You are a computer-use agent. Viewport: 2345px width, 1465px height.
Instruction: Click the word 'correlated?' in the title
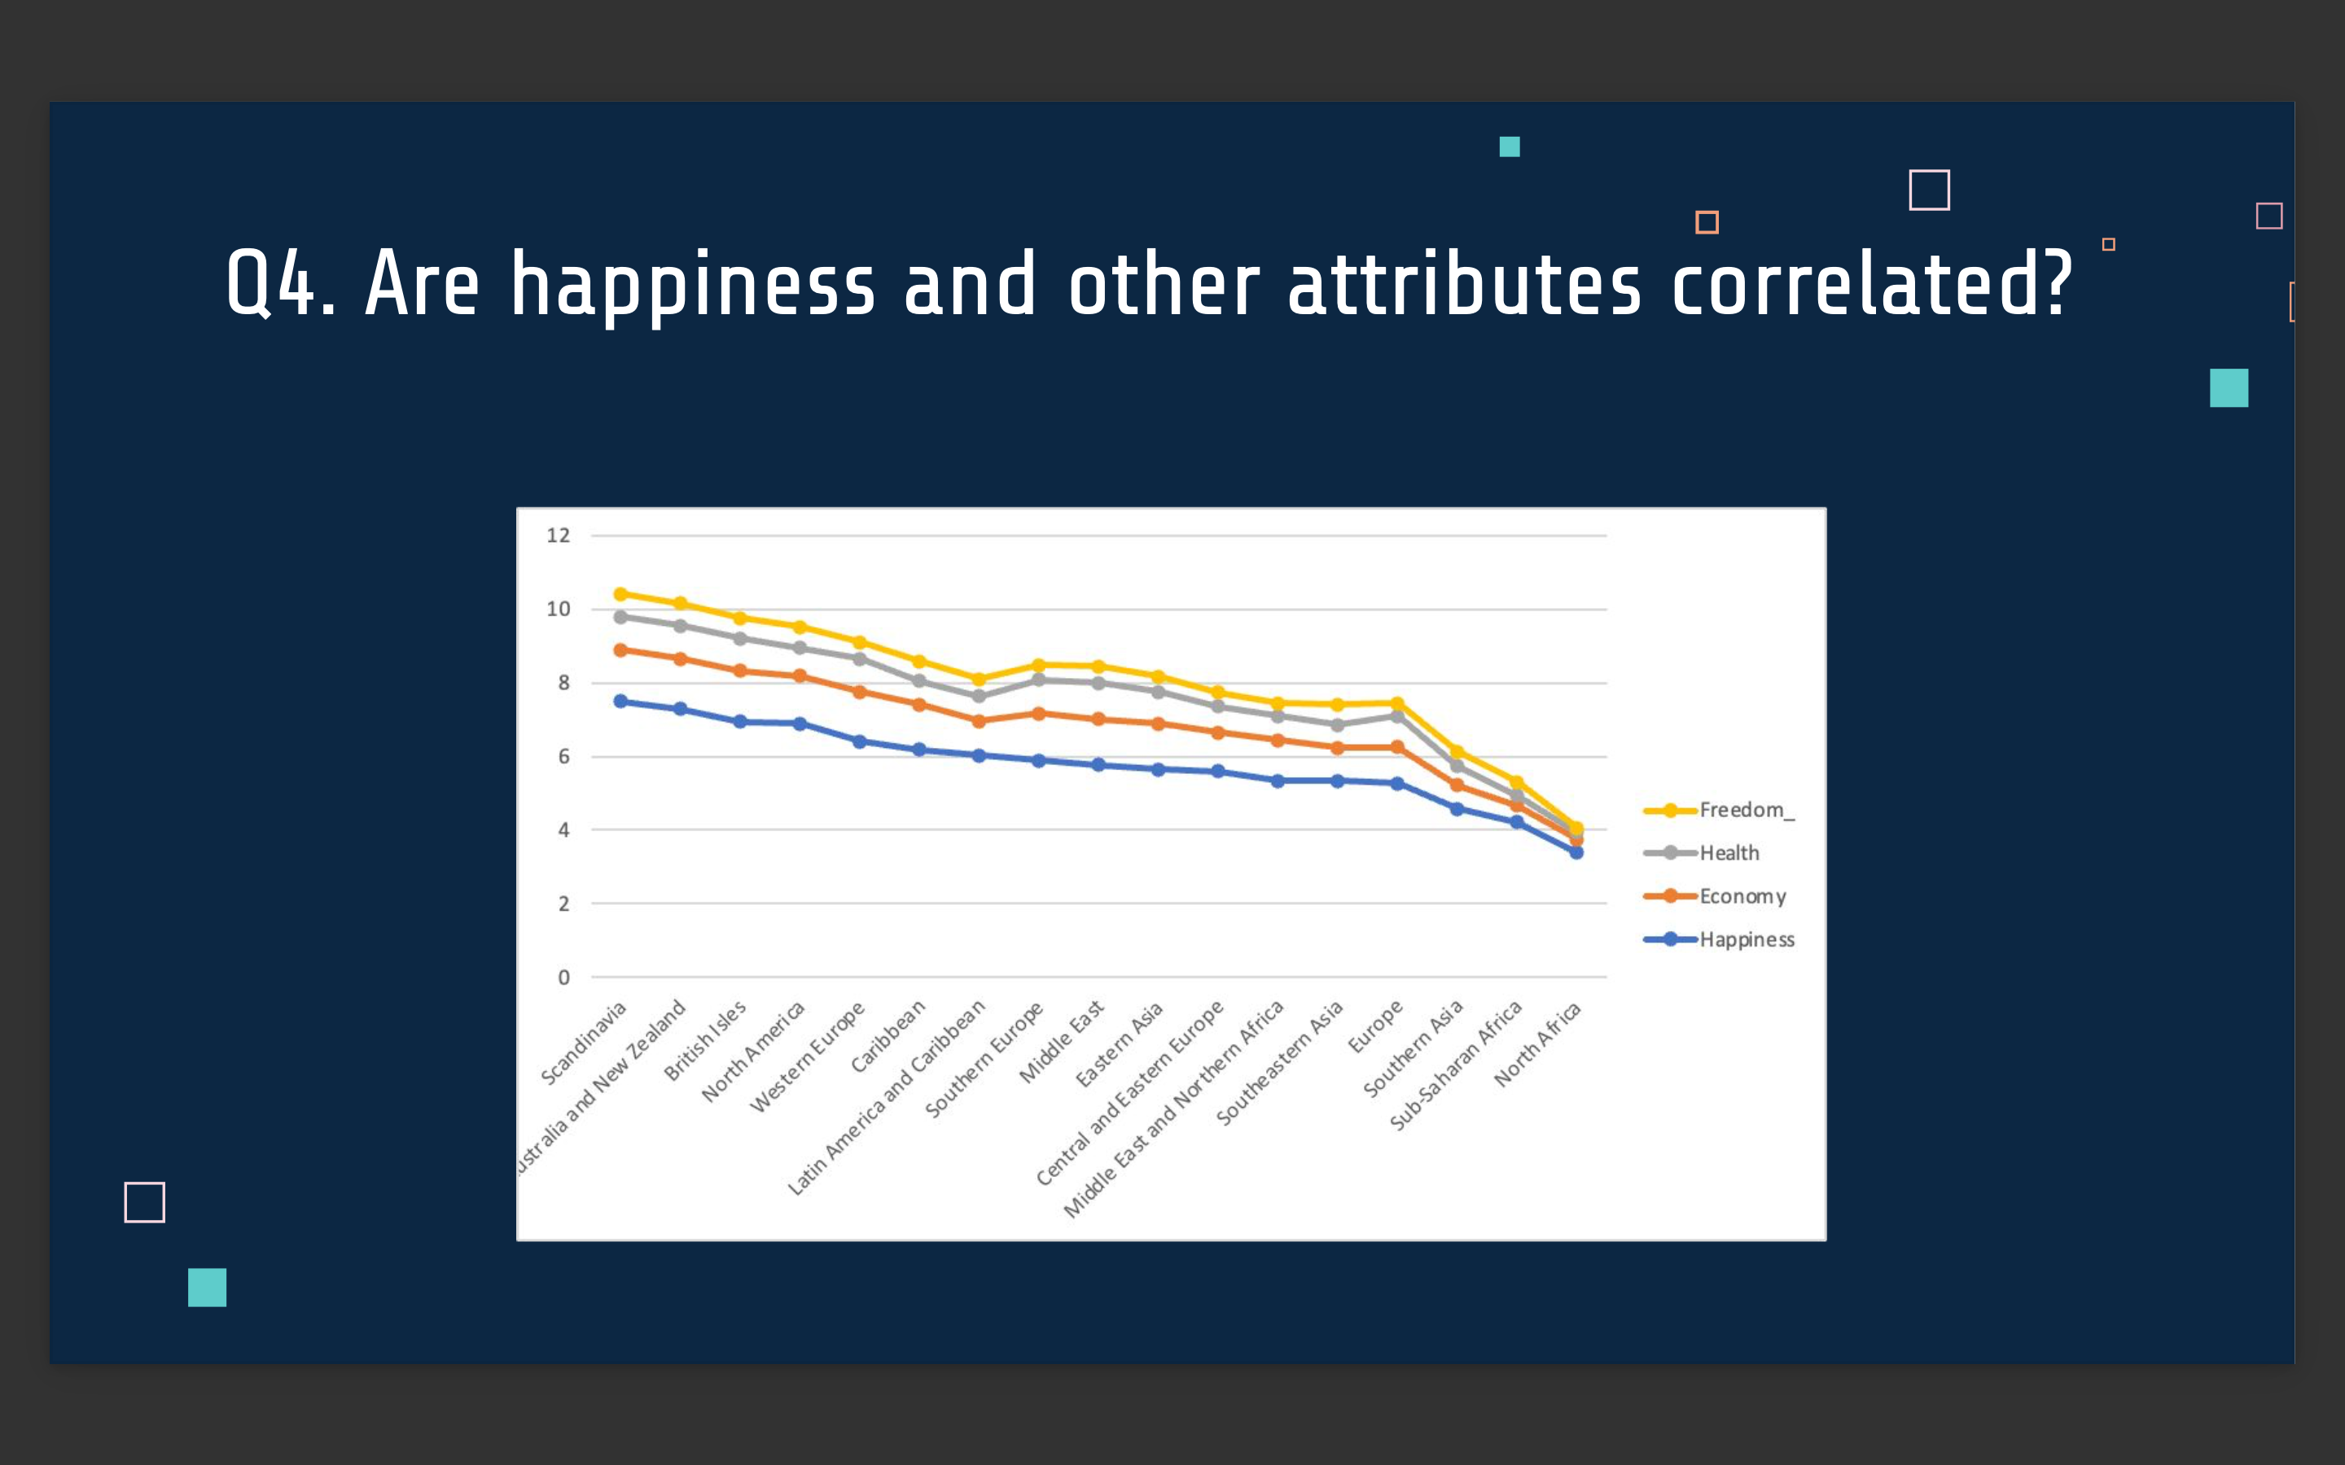point(1871,284)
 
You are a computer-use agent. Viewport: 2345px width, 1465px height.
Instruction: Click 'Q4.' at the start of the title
point(280,284)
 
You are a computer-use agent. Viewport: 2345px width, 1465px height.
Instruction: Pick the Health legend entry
point(1729,853)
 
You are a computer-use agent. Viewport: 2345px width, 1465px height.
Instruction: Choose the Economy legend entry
point(1742,896)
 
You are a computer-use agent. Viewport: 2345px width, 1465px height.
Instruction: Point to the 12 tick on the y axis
point(558,535)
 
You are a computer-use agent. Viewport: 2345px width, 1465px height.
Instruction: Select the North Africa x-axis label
point(1538,1044)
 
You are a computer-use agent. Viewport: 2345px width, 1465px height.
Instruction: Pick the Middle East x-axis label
point(1061,1043)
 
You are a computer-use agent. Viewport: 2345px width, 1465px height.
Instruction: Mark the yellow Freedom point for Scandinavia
point(620,594)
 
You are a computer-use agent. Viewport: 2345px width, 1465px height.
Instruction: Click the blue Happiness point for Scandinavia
point(620,702)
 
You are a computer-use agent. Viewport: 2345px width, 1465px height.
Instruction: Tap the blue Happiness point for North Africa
point(1576,853)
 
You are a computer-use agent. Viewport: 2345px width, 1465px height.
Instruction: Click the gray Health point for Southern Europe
point(1039,680)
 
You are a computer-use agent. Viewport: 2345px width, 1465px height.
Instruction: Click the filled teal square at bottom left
point(206,1288)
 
